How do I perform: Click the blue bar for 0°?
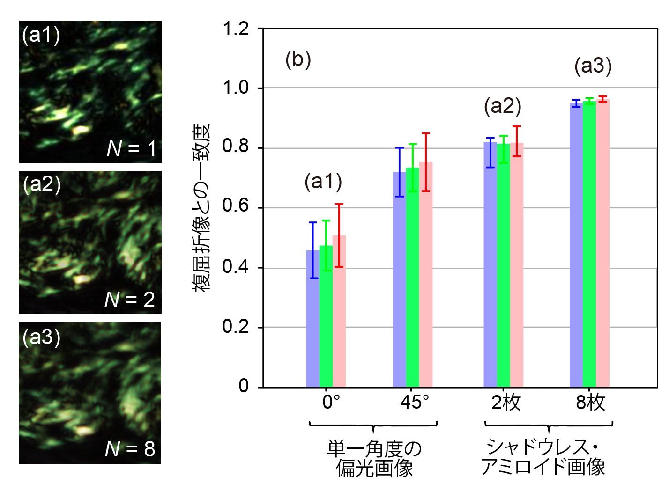point(312,318)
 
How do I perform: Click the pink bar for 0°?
point(339,311)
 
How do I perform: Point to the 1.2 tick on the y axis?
point(236,29)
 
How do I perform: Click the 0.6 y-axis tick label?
point(236,208)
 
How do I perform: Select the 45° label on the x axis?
point(412,403)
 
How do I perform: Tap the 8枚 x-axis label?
point(590,403)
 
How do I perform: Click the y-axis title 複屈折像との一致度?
point(202,208)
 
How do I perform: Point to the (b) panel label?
point(298,61)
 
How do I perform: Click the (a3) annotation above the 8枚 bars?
point(593,66)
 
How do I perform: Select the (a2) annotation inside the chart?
point(502,107)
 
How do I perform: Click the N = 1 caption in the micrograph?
point(131,149)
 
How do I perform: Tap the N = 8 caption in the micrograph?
point(130,449)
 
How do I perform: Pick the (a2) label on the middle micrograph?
point(42,185)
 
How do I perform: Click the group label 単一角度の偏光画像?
point(374,458)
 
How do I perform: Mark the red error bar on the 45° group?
point(426,162)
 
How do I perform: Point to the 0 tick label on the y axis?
point(244,387)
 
